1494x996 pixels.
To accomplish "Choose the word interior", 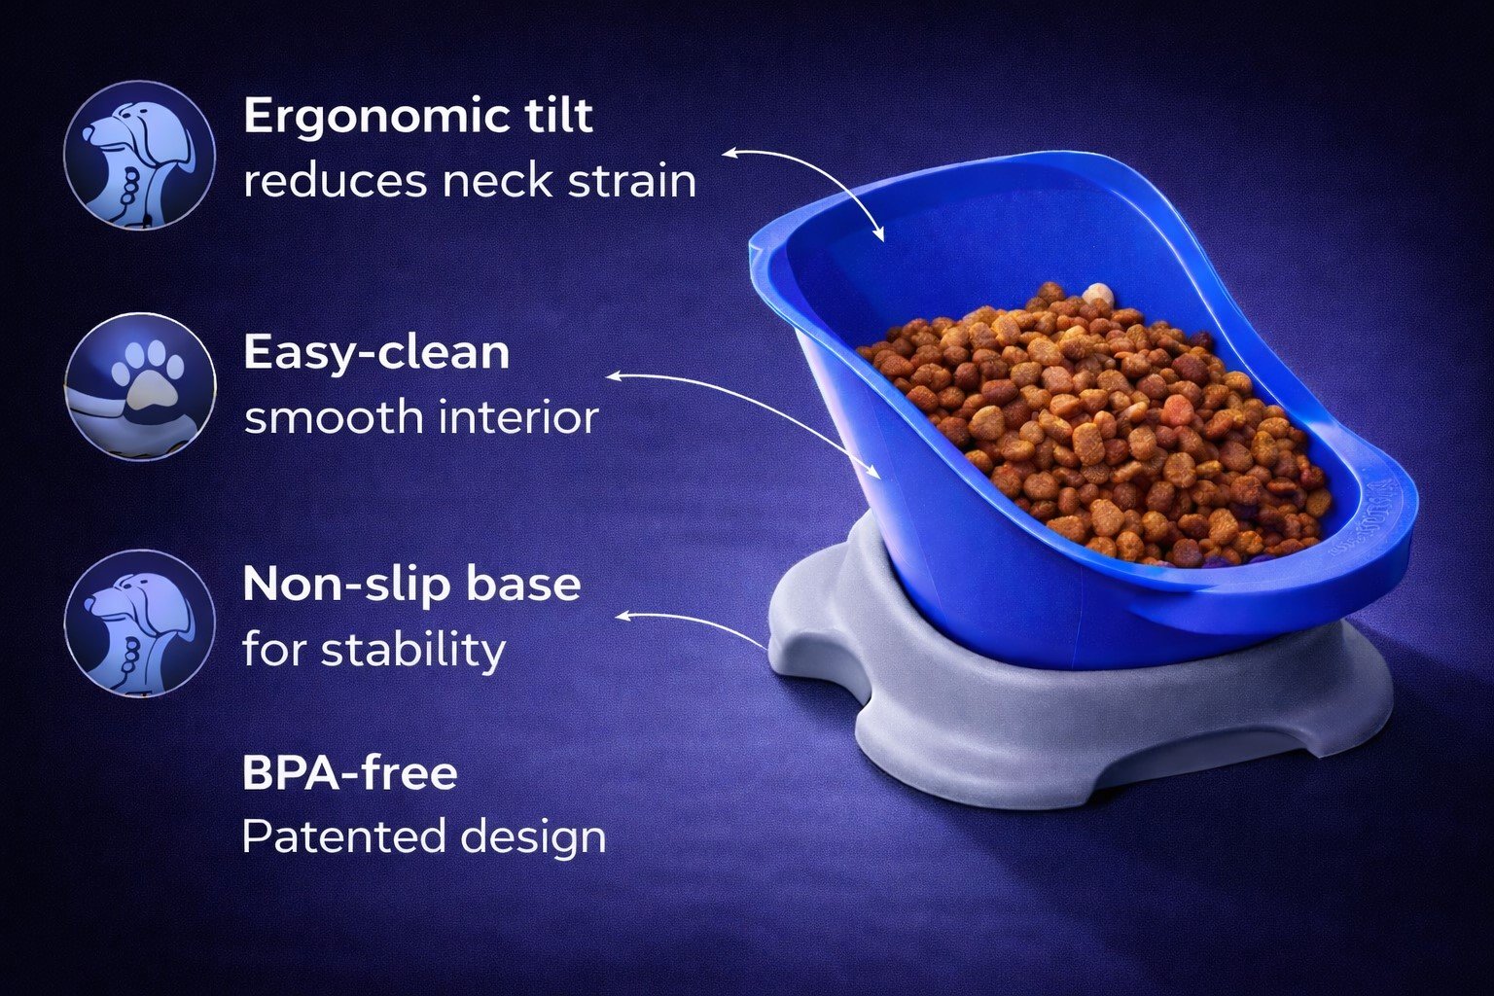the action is (518, 417).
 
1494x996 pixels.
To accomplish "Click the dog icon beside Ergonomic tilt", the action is (140, 155).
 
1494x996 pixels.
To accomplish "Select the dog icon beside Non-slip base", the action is (140, 623).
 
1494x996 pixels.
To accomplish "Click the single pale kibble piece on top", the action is (1095, 294).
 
